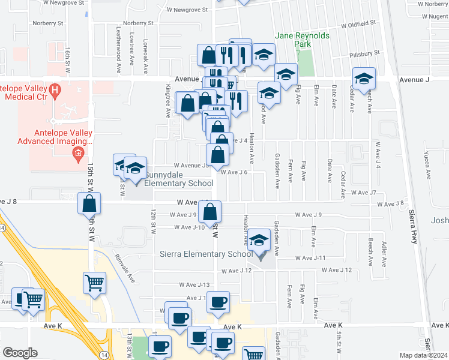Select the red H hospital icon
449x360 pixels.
[x=55, y=91]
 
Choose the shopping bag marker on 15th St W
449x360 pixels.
[x=89, y=203]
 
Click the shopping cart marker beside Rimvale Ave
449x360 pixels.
[x=95, y=283]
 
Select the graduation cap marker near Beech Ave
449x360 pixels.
[x=363, y=79]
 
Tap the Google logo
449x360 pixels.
[x=20, y=353]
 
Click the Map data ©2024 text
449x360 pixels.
[x=424, y=355]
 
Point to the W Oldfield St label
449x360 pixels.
[x=358, y=25]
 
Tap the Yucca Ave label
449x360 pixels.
[x=429, y=168]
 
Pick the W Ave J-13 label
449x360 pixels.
[x=194, y=284]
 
